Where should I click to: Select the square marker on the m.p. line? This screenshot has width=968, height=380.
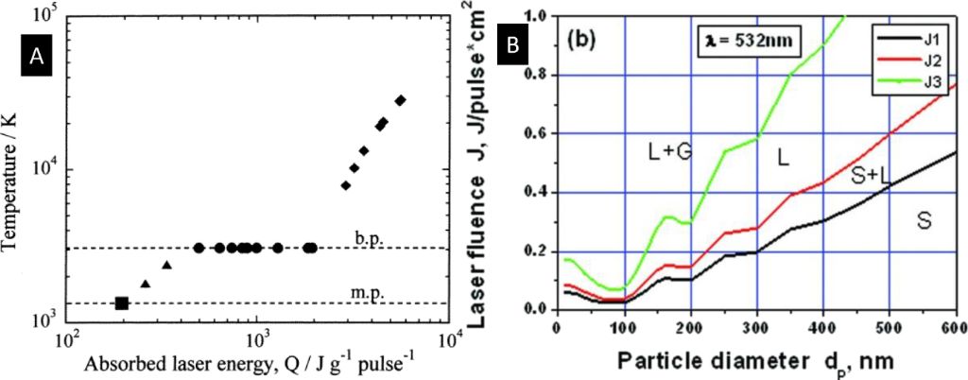point(121,302)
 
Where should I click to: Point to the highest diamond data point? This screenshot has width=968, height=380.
point(401,100)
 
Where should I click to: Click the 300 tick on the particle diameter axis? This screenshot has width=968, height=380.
point(756,327)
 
